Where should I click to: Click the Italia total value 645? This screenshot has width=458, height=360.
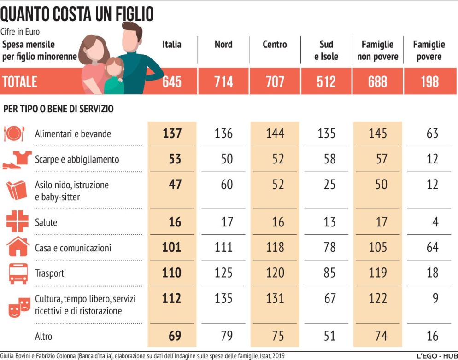172,81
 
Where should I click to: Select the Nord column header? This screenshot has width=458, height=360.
223,45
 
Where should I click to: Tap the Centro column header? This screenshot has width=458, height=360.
275,45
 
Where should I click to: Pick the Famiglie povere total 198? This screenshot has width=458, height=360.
429,81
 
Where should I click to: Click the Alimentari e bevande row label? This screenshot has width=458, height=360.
73,134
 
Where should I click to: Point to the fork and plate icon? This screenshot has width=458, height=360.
14,134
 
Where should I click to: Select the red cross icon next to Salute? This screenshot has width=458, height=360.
18,221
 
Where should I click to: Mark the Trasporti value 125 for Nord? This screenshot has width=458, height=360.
223,273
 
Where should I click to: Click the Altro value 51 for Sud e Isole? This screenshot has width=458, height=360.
329,336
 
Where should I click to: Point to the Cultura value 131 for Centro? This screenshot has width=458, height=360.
275,298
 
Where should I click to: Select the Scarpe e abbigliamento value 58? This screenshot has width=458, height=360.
329,159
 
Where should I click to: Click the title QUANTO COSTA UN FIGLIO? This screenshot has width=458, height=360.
77,15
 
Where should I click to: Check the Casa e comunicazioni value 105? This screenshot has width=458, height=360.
378,248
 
